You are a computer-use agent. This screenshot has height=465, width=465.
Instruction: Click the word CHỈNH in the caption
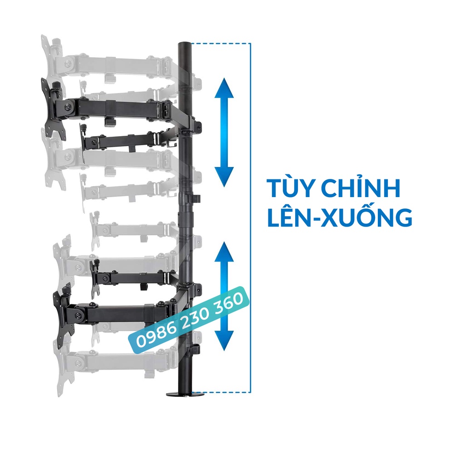pos(359,189)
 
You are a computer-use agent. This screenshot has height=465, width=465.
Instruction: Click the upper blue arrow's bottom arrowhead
pos(223,178)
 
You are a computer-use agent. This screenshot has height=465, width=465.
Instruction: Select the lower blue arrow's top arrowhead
pos(223,251)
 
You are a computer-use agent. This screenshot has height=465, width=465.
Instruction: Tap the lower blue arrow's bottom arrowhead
pos(223,341)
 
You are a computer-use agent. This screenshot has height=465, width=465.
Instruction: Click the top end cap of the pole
pos(185,44)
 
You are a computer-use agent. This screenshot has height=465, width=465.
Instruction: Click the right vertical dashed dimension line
pos(250,218)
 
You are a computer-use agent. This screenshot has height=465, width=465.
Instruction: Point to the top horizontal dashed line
pos(221,44)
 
